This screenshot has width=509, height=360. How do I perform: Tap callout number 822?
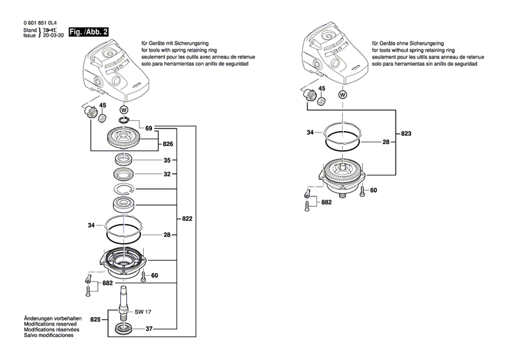coord(187,219)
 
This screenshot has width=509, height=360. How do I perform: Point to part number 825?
coord(95,319)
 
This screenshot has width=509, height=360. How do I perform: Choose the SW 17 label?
coord(142,312)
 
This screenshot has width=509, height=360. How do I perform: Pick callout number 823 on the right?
coord(406,134)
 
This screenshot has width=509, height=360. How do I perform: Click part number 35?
coord(167,161)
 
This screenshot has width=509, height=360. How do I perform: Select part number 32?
coord(167,175)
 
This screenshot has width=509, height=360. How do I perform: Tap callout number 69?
coord(149,128)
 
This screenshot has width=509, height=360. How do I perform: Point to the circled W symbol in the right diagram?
coord(343,96)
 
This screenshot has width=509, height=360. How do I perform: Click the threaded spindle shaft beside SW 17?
coord(124,302)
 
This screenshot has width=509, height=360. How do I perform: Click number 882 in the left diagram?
coord(107,283)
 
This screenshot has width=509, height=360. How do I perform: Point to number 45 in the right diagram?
coord(322,89)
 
